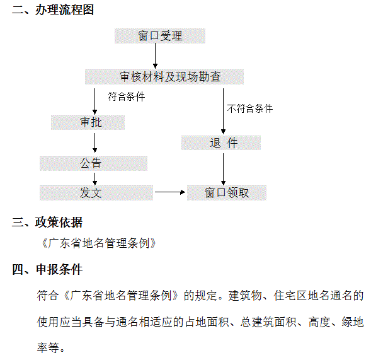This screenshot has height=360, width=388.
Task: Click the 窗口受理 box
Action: [160, 36]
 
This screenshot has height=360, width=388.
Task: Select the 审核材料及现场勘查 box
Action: [164, 77]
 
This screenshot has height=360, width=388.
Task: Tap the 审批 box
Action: [88, 122]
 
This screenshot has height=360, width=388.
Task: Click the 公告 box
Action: [93, 163]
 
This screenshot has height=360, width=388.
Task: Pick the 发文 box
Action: [96, 193]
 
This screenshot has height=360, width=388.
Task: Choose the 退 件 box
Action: [221, 142]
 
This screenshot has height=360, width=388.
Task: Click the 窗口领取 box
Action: [227, 193]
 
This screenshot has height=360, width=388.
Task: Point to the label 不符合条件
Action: [250, 108]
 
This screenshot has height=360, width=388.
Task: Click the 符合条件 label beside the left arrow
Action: [127, 96]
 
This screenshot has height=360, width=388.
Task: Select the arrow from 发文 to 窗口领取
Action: [170, 192]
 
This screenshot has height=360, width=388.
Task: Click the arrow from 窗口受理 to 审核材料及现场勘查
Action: [155, 56]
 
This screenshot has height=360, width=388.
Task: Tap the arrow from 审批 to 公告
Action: [94, 142]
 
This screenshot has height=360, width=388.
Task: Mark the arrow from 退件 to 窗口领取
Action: [223, 169]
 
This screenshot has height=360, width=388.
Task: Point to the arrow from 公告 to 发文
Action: [94, 179]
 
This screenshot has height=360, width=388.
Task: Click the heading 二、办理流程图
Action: [53, 10]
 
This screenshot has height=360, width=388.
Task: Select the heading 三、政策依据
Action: [47, 222]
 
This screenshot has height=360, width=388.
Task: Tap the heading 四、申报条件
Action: [47, 269]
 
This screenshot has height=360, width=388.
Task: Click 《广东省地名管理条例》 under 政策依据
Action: [98, 243]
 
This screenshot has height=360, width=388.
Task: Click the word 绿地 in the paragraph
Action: [353, 322]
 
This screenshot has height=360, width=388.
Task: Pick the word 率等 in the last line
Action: [48, 347]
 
